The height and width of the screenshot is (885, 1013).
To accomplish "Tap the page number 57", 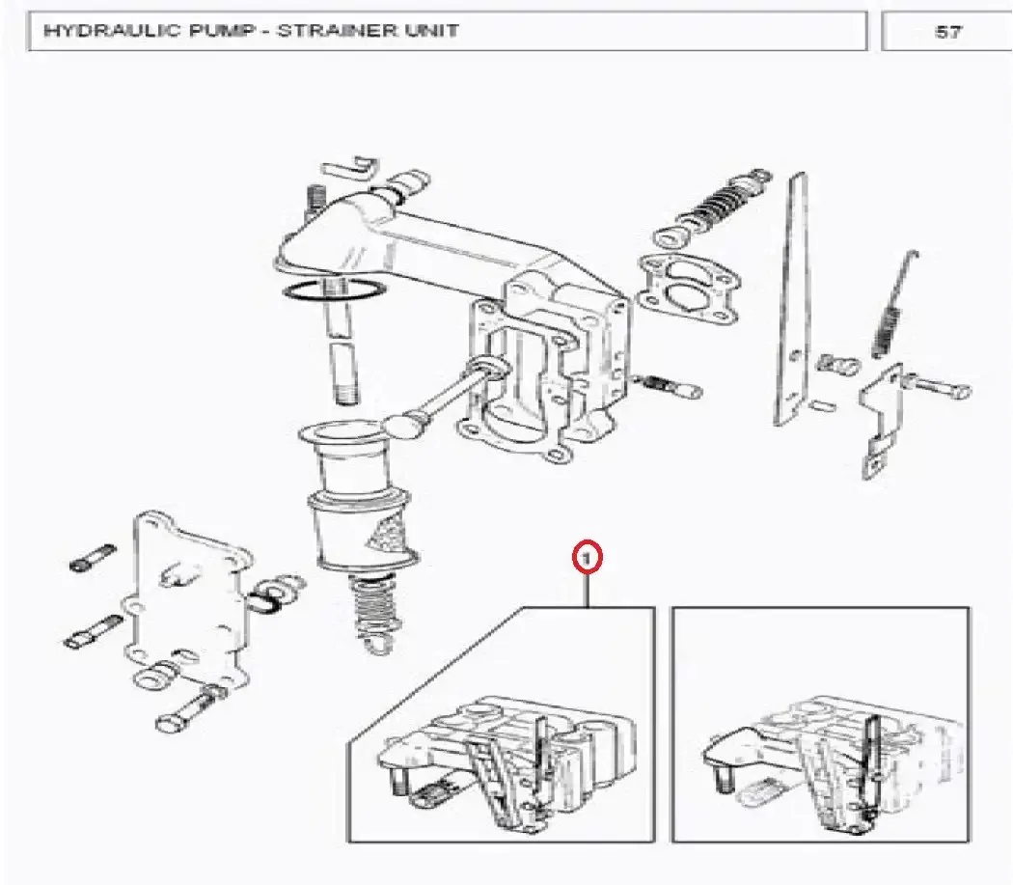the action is (947, 32).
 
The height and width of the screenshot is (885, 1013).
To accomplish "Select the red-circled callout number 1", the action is (587, 558).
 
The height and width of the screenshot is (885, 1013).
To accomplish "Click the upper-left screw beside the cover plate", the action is (94, 558).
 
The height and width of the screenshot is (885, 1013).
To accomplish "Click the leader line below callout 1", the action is (588, 590).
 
